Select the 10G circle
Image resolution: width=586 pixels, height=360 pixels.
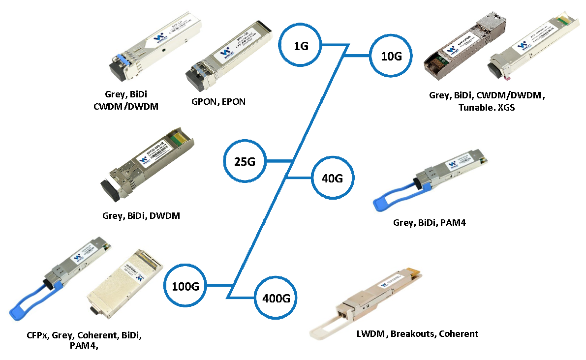click(391, 56)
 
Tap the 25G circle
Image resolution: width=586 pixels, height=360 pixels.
click(245, 161)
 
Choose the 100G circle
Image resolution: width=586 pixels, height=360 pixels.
click(185, 285)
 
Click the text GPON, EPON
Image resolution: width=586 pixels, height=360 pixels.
click(218, 102)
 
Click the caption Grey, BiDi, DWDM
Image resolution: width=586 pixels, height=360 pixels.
click(141, 215)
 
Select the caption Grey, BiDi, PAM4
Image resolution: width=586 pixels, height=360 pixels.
click(429, 223)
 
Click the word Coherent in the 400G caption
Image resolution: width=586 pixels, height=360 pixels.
click(459, 334)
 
